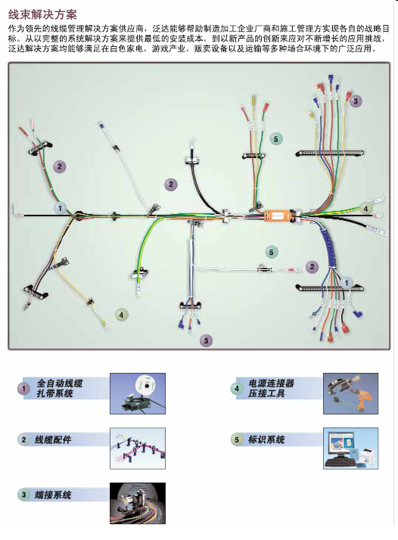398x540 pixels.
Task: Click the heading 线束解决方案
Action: (42, 14)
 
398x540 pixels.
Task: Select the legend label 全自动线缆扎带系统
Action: (60, 388)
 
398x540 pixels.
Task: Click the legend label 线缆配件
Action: (53, 439)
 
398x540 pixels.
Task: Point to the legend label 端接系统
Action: (53, 495)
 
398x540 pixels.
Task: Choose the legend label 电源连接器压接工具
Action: (271, 388)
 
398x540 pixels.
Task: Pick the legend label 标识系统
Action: (266, 439)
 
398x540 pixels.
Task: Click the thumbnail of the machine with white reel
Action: (138, 393)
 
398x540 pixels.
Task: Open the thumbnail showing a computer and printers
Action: (351, 448)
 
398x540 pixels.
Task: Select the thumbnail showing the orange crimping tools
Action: (351, 393)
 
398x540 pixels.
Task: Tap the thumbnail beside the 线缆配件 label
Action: (138, 448)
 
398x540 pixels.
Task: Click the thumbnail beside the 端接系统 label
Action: (138, 503)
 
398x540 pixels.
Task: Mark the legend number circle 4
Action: (237, 389)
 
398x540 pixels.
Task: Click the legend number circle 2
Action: (23, 439)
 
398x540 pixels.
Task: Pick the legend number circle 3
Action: (23, 495)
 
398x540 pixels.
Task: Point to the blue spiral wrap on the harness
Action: (328, 247)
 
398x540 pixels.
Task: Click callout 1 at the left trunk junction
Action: (60, 208)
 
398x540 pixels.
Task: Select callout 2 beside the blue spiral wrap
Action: (312, 267)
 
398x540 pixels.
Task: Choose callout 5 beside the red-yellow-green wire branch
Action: (275, 139)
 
